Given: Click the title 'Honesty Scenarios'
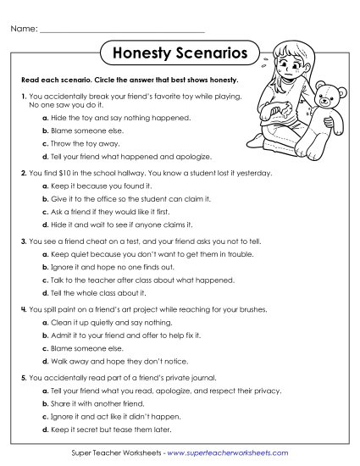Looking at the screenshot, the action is (x=180, y=53).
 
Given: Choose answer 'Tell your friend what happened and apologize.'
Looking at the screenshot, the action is (x=131, y=157).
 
